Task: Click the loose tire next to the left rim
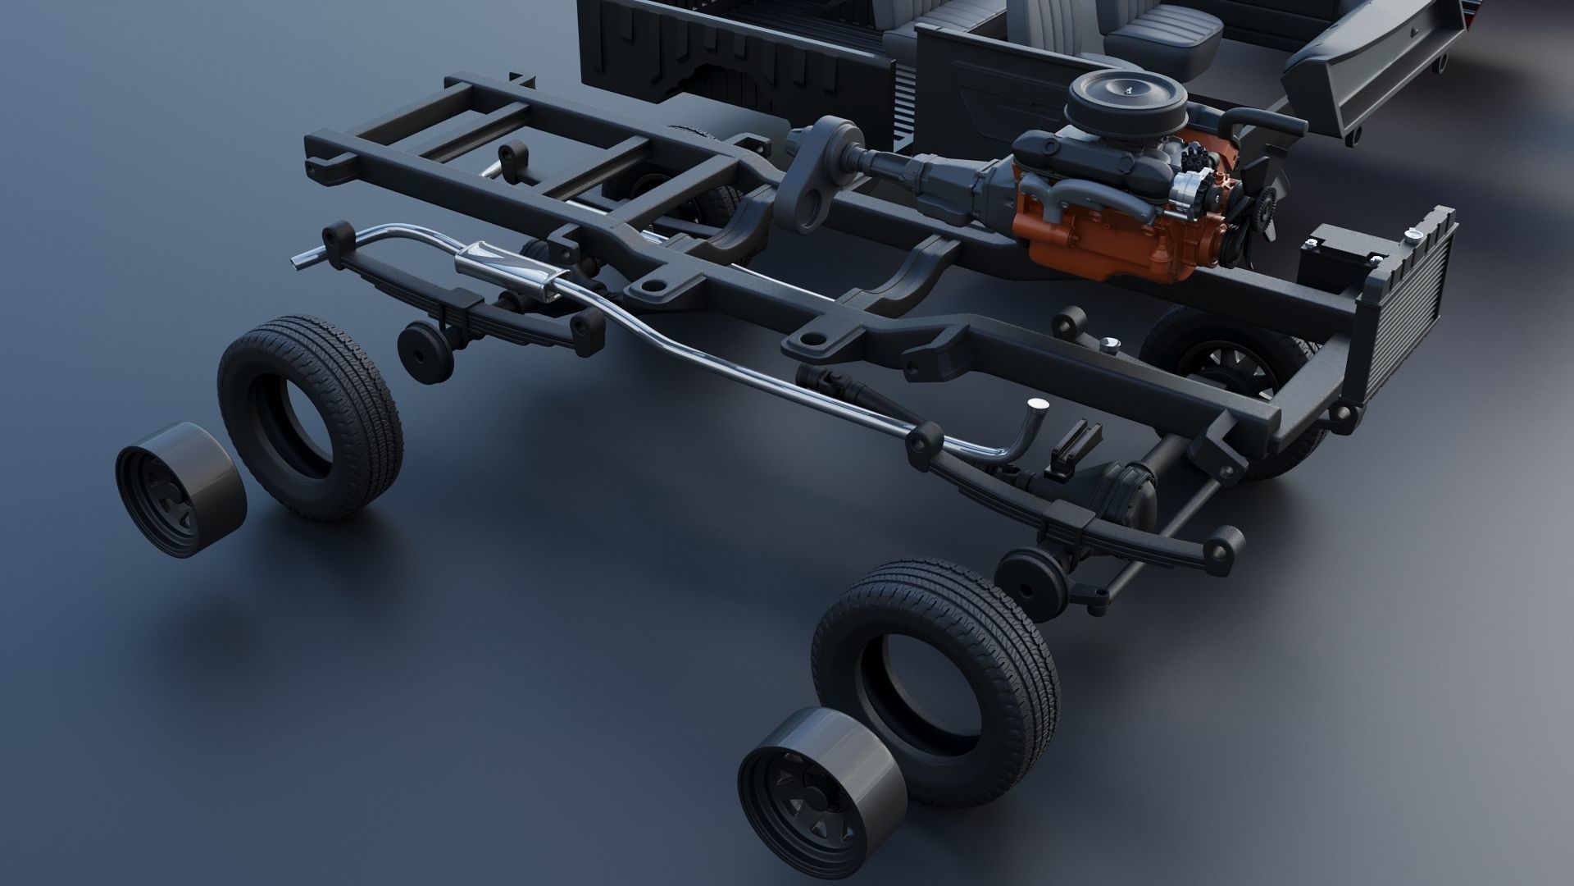click(311, 418)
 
